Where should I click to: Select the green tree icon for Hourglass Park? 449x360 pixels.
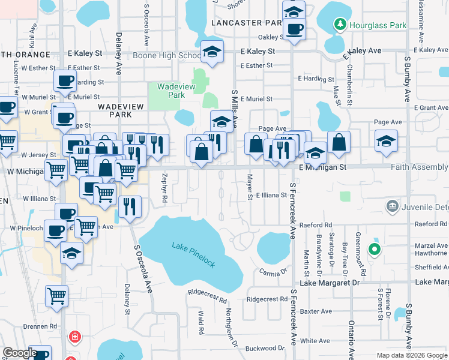pos(341,25)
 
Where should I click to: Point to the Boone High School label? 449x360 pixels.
pos(172,56)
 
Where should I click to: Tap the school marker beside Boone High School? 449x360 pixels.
pos(212,52)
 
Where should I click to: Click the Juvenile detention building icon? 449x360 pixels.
pos(393,207)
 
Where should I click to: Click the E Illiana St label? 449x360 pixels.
pos(271,195)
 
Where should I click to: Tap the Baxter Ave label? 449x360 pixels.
pos(316,311)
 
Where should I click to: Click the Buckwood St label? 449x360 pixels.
pos(265,348)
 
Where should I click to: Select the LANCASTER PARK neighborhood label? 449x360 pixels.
pos(246,22)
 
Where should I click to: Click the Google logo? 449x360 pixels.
pos(19,353)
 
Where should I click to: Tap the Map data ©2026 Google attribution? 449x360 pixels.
pos(411,355)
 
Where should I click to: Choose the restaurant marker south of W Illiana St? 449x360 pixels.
pos(130,208)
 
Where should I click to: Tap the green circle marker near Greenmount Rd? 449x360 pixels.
pos(375,248)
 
